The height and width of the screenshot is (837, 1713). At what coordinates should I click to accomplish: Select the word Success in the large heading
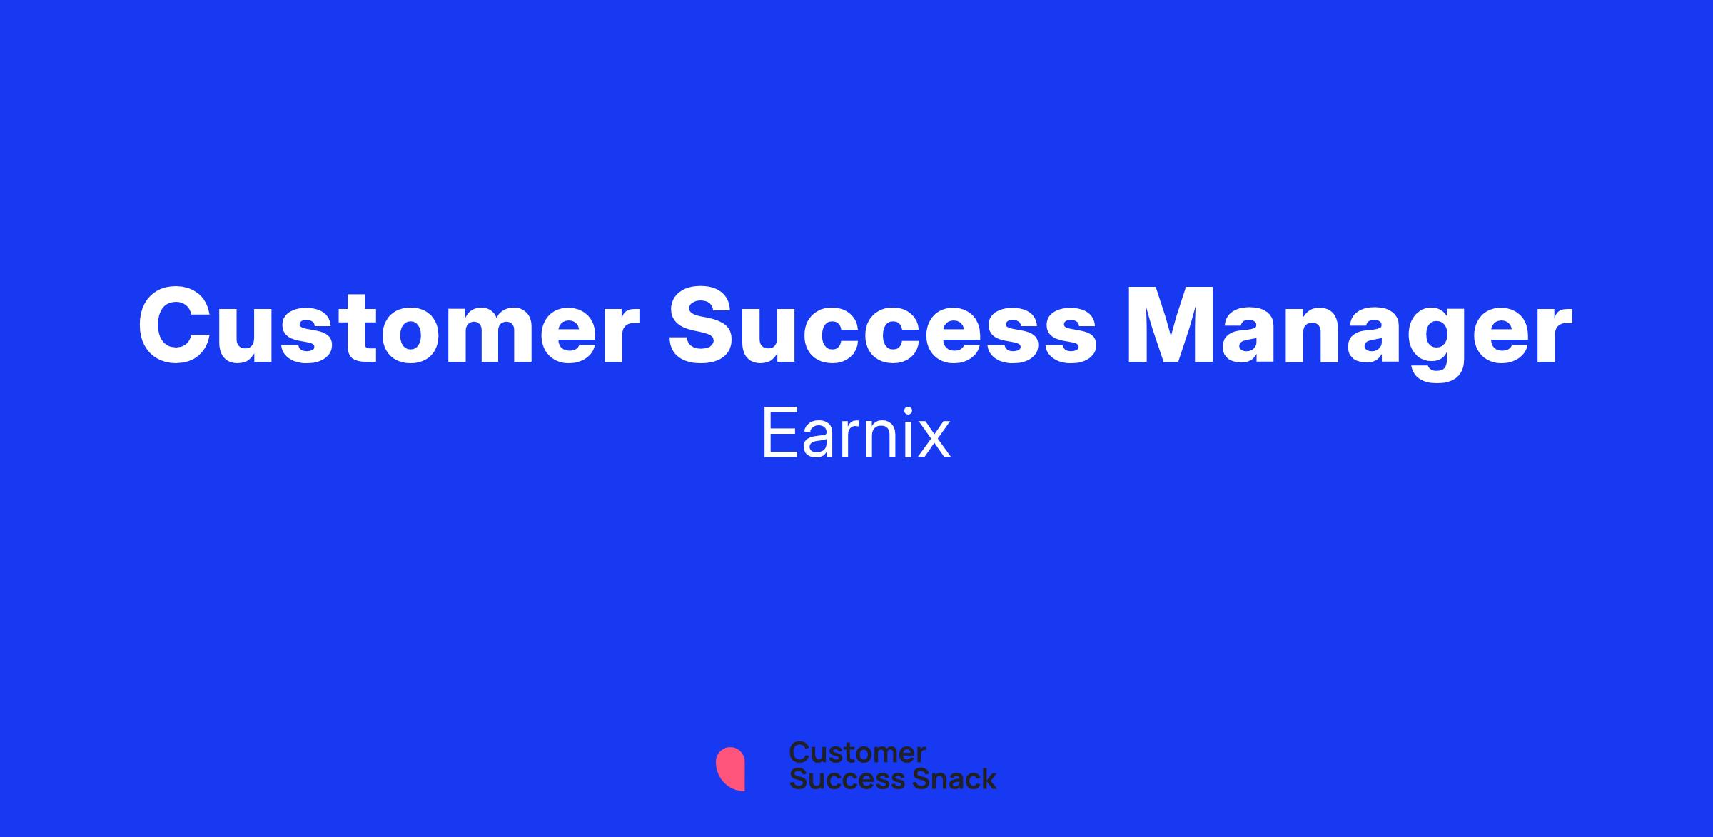(881, 326)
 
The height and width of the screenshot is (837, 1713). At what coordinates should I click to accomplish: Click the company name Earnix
(856, 433)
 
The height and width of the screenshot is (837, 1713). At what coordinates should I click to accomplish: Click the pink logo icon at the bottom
(731, 768)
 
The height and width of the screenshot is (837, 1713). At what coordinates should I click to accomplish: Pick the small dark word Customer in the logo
(857, 753)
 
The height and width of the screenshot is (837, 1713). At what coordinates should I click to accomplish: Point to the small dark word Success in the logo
(838, 779)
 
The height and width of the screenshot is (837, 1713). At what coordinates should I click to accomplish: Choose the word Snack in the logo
(944, 779)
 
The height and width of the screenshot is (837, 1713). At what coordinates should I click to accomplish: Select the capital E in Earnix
(779, 433)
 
